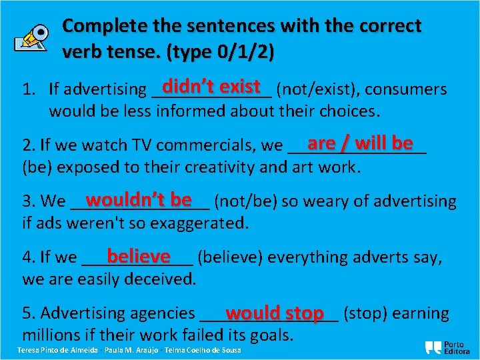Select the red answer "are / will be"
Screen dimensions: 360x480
point(360,143)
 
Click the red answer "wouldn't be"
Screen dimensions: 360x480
point(139,200)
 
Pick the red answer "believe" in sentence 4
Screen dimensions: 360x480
point(139,256)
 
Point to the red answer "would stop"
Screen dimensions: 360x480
point(274,313)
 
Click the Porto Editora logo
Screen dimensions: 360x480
point(447,347)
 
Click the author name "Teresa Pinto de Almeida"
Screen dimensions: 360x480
point(57,351)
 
